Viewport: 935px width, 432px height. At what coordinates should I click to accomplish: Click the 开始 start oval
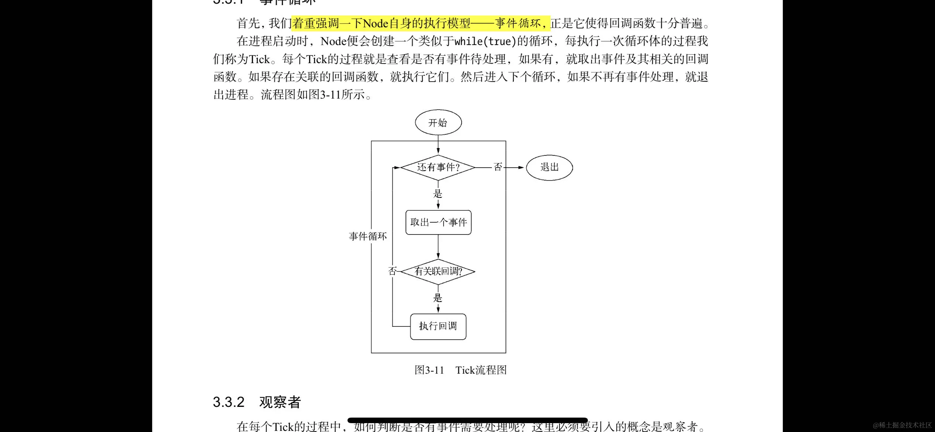(438, 123)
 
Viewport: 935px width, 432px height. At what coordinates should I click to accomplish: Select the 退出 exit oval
(549, 167)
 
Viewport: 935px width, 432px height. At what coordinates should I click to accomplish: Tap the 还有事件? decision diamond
(438, 167)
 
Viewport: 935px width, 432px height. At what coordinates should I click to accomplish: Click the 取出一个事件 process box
(438, 222)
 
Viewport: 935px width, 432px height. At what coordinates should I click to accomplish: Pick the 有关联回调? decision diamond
(438, 271)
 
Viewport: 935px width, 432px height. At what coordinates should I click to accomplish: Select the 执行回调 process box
(438, 326)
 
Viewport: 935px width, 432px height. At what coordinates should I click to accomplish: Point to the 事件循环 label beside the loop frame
(368, 236)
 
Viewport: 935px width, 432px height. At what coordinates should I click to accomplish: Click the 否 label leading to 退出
(498, 167)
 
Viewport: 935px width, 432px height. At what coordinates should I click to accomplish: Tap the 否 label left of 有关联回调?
(392, 271)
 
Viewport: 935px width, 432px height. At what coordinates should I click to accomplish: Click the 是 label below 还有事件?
(438, 194)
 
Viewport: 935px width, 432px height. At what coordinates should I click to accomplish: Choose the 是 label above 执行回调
(438, 298)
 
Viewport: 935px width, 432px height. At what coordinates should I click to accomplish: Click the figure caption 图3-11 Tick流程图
(460, 370)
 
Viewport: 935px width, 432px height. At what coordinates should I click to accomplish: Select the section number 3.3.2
(229, 402)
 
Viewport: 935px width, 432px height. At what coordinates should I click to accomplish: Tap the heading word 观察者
(280, 402)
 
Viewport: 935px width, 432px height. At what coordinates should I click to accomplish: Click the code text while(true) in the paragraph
(485, 41)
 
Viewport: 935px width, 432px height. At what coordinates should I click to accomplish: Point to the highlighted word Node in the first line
(376, 24)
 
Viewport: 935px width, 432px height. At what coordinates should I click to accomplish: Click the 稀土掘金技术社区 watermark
(902, 425)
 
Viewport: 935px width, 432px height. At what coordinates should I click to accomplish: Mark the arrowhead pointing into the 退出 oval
(521, 167)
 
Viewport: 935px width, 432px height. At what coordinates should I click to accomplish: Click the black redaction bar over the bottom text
(467, 420)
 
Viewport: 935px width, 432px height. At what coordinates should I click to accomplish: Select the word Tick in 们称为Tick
(260, 59)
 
